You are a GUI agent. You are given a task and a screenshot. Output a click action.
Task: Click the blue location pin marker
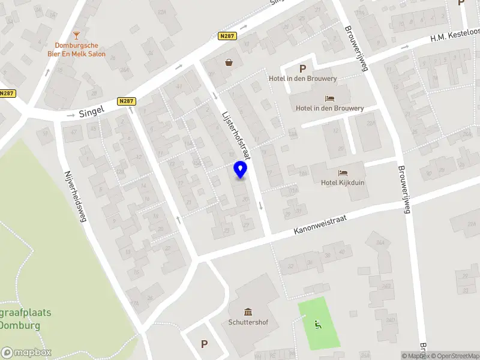(241, 170)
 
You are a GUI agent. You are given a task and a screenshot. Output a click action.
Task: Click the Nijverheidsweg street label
(76, 196)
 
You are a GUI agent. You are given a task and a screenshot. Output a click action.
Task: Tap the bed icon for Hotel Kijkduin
(343, 173)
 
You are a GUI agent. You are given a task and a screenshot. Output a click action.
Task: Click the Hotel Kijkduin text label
(343, 183)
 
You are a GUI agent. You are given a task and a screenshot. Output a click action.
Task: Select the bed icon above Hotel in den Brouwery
(329, 98)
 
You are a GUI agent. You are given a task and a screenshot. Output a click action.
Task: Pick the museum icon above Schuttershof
(248, 311)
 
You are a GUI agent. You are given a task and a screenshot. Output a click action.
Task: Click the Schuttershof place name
(248, 322)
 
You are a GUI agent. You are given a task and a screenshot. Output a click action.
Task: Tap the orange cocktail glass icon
(76, 35)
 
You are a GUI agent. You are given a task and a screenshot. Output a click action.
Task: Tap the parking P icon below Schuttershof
(204, 344)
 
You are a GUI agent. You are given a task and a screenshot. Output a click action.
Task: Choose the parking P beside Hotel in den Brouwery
(302, 69)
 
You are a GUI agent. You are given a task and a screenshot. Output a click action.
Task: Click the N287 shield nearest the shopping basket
(228, 36)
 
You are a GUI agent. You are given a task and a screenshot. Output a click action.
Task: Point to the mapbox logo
(26, 353)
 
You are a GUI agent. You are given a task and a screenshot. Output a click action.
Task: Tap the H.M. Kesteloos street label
(454, 37)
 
